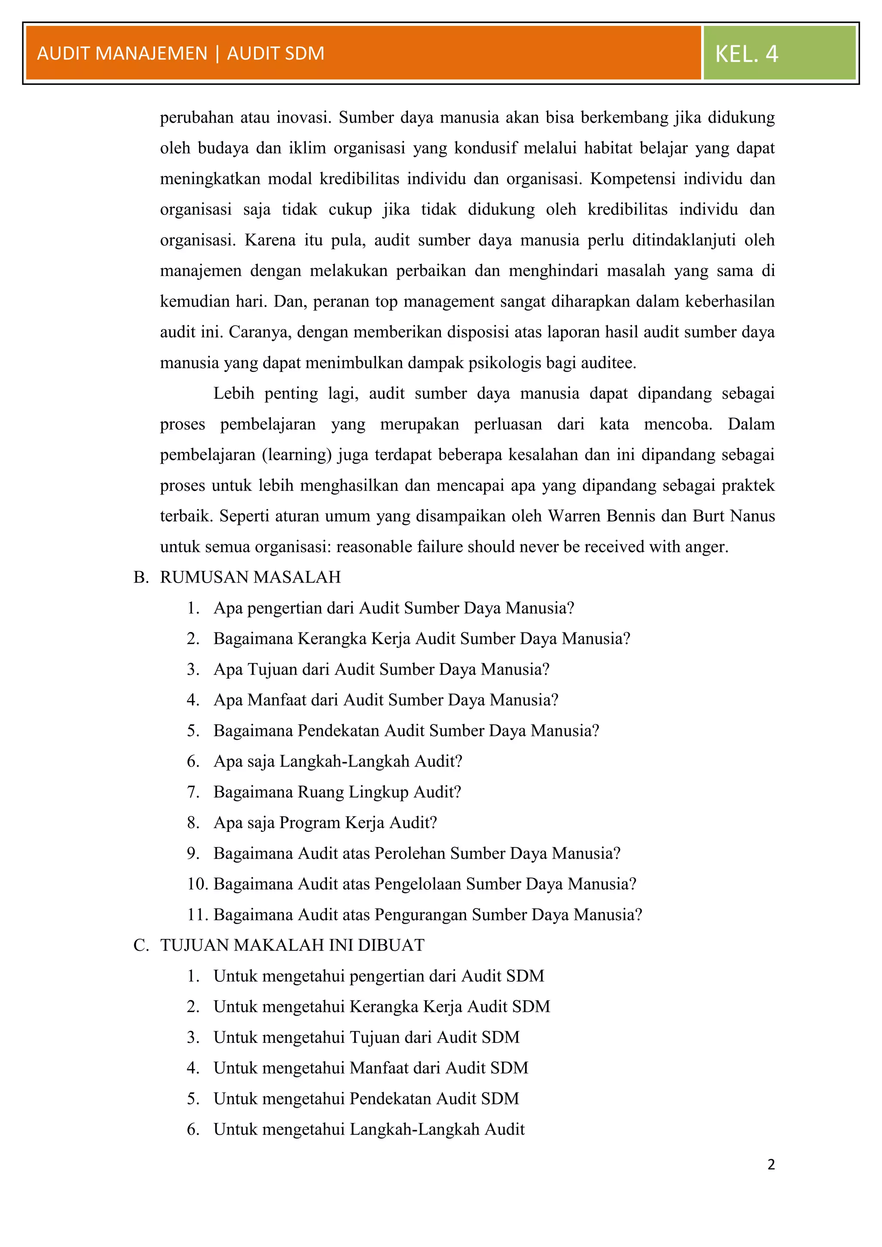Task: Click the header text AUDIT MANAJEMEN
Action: click(x=122, y=53)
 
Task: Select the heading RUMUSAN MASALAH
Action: click(x=250, y=577)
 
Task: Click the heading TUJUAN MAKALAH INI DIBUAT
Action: click(x=292, y=945)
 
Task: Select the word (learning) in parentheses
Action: click(x=297, y=455)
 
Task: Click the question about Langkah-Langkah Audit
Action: click(x=338, y=761)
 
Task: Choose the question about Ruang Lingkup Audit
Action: click(x=337, y=792)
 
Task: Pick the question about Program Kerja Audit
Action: click(x=325, y=822)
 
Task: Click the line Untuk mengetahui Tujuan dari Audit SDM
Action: click(x=366, y=1037)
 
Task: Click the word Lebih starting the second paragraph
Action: click(x=233, y=393)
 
